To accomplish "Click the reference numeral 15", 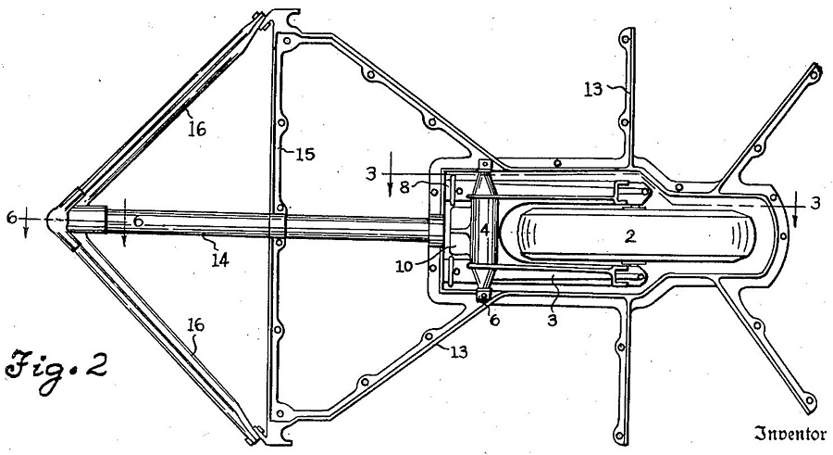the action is point(305,154).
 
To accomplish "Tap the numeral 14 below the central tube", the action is point(220,259).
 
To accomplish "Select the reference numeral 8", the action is point(404,187).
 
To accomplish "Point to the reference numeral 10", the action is point(404,265).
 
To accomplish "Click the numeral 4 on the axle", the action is point(484,230).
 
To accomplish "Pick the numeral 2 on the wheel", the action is point(630,235).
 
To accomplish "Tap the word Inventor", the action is point(790,435).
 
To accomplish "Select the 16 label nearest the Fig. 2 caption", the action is point(196,324).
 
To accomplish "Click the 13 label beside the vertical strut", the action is point(593,89).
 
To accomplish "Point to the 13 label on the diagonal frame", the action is point(459,351).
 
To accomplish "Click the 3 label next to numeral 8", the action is point(371,173).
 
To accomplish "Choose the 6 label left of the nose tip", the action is point(12,217).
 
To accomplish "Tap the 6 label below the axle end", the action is point(494,320).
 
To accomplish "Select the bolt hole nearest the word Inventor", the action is point(809,399).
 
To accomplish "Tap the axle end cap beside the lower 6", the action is point(484,296).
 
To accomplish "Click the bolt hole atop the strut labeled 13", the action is point(626,39).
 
